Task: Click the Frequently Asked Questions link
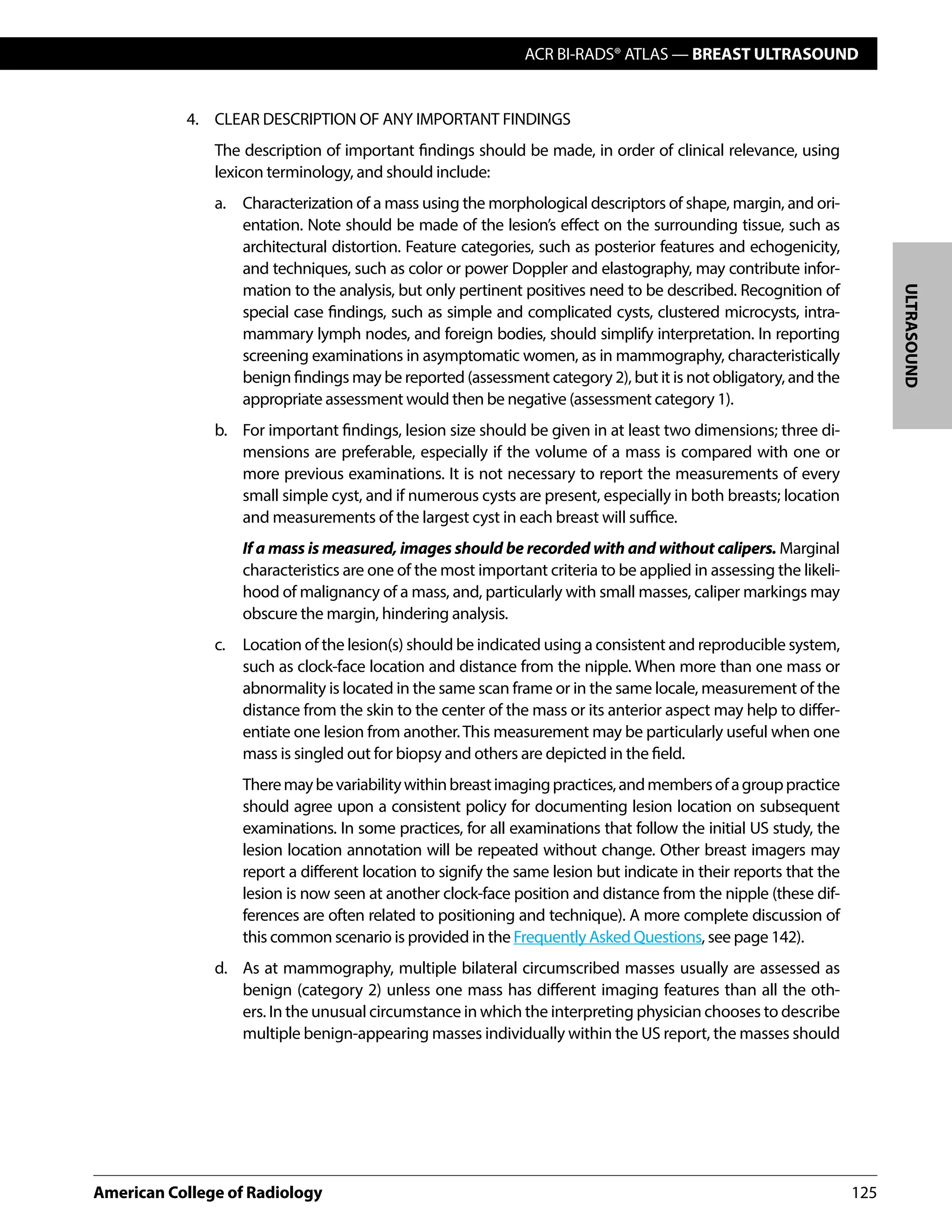coord(608,937)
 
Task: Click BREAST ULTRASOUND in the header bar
coord(775,54)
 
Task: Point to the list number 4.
coord(192,119)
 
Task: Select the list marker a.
coord(220,203)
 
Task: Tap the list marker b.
coord(220,431)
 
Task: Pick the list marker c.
coord(220,645)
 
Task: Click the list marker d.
coord(220,969)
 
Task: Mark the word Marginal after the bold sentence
coord(809,549)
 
